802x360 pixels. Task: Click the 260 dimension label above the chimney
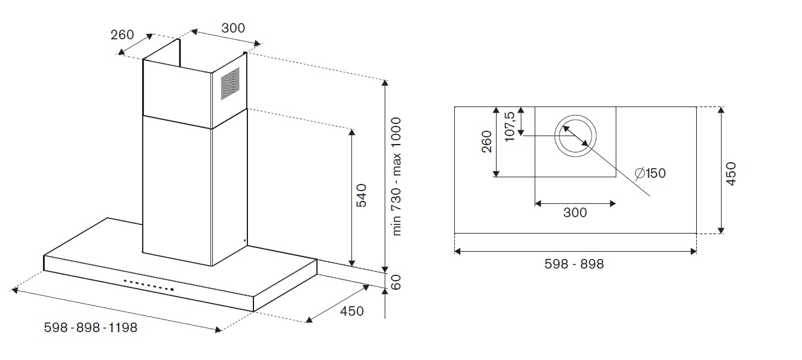122,35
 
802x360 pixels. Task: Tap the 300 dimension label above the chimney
233,28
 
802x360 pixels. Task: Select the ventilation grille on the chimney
229,83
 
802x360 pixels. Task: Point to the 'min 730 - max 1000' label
397,177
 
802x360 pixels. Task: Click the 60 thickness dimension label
397,282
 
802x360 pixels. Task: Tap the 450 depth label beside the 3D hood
352,311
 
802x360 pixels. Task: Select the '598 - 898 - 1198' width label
91,327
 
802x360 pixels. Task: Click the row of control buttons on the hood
149,285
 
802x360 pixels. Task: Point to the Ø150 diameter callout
651,174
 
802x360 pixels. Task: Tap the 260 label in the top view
486,142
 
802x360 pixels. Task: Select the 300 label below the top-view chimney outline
575,212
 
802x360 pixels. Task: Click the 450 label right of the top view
731,174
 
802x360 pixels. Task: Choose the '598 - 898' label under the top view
574,264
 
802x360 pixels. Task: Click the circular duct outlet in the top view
576,134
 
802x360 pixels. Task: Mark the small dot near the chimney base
244,241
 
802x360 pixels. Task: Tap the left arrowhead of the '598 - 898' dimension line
458,250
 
